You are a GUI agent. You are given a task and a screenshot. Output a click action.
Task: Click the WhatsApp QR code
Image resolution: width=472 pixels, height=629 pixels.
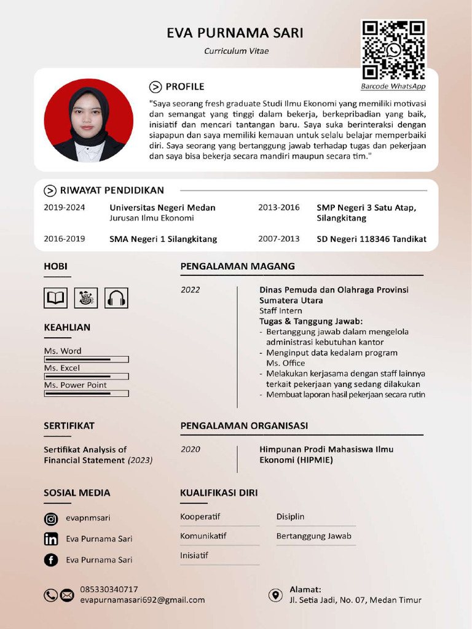coord(393,50)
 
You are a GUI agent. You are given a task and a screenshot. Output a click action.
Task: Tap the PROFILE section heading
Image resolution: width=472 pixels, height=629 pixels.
coord(184,87)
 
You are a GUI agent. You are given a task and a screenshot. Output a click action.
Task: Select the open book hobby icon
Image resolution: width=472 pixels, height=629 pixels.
coord(55,298)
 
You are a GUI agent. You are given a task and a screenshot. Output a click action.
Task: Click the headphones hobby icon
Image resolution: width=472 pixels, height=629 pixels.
coord(116,298)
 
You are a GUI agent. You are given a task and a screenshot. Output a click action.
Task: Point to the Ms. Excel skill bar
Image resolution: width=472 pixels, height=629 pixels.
coord(86,376)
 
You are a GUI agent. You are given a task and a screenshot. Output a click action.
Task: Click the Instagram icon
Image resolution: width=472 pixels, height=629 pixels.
coord(51,519)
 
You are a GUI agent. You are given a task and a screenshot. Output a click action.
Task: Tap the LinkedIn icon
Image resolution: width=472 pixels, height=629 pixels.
coord(51,539)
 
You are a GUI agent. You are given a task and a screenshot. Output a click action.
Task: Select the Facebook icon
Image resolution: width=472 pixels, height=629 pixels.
coord(51,560)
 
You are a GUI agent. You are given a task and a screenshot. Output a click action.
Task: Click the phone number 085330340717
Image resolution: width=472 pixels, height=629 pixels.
coord(109,589)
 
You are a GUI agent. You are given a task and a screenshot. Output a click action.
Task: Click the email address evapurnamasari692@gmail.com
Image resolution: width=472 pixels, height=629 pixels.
coord(142,600)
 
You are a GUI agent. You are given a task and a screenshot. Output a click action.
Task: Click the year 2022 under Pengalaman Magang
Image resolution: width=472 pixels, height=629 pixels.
coord(190,290)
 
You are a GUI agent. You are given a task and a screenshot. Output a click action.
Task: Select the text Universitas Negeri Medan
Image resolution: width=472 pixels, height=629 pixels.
coord(162,208)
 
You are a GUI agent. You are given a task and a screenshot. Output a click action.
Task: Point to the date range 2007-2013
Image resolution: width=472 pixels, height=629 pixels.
coord(278,239)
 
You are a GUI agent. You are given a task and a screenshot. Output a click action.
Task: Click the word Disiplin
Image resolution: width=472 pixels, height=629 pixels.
coord(290,517)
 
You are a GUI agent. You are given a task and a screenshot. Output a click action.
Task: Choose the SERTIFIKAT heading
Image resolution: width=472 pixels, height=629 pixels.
coord(69,426)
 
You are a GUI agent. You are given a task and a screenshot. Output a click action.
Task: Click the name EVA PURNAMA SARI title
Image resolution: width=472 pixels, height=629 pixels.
coord(235,33)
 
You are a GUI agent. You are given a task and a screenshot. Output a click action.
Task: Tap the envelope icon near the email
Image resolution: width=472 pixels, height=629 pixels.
coord(66,595)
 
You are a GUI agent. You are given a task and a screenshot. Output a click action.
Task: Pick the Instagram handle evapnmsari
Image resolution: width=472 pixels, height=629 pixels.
coord(88,518)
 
